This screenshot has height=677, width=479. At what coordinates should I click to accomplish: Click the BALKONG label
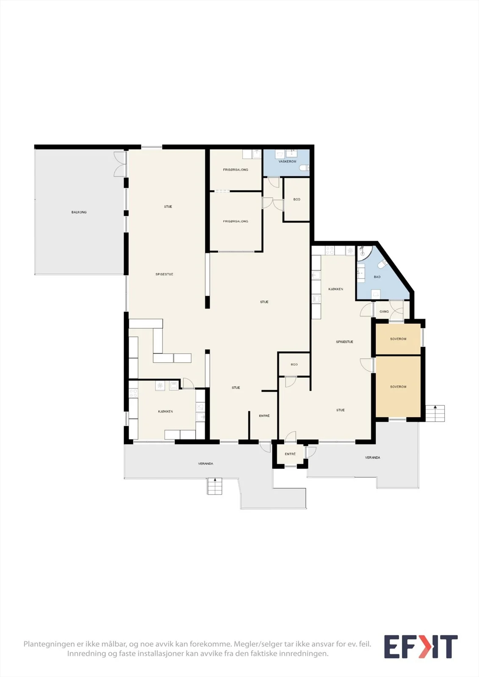pyautogui.click(x=79, y=212)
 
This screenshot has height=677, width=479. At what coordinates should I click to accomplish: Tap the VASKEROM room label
pyautogui.click(x=288, y=162)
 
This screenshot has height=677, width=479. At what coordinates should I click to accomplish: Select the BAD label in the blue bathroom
pyautogui.click(x=377, y=277)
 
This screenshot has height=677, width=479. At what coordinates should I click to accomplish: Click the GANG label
pyautogui.click(x=384, y=311)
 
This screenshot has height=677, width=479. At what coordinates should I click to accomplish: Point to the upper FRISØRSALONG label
pyautogui.click(x=235, y=170)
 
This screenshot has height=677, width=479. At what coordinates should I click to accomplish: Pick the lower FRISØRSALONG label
pyautogui.click(x=235, y=222)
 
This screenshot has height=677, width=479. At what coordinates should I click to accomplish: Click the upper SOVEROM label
pyautogui.click(x=398, y=339)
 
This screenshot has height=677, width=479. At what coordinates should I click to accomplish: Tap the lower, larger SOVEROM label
pyautogui.click(x=398, y=387)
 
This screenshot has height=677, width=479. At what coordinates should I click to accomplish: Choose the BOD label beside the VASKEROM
pyautogui.click(x=297, y=199)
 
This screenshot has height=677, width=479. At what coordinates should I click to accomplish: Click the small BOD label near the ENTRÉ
pyautogui.click(x=294, y=364)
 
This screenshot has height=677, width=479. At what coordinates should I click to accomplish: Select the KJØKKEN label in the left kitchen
pyautogui.click(x=166, y=412)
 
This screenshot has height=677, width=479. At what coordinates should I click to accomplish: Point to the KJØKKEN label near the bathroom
pyautogui.click(x=336, y=289)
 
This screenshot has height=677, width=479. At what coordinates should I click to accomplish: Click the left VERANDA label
pyautogui.click(x=206, y=464)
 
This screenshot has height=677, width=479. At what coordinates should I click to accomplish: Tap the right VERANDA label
pyautogui.click(x=373, y=457)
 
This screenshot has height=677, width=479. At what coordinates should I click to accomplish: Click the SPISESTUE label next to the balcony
pyautogui.click(x=164, y=275)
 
